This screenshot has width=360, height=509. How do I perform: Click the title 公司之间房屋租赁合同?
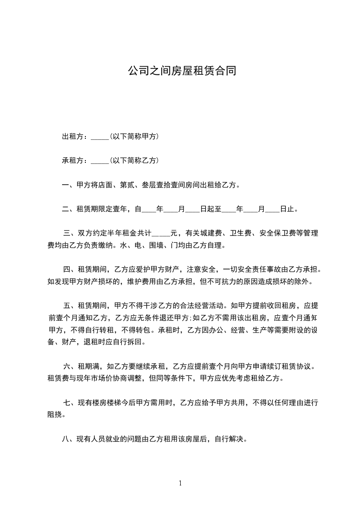pos(182,71)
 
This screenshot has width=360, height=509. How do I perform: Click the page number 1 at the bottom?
pos(180,483)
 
